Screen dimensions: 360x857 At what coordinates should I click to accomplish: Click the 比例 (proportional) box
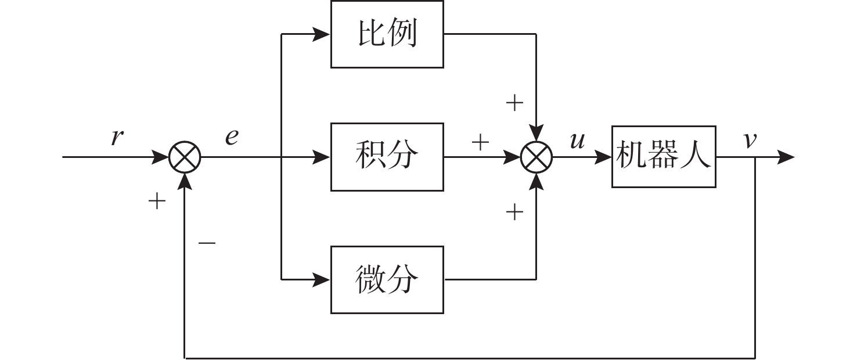pos(387,34)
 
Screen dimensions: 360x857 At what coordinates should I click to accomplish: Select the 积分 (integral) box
pos(387,157)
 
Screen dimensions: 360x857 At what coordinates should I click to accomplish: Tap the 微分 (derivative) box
pos(387,280)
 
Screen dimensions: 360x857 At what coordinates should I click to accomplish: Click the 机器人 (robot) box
pos(663,157)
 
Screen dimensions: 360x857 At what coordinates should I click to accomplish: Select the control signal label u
pos(577,141)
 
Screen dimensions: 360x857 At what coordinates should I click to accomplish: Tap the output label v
pos(750,141)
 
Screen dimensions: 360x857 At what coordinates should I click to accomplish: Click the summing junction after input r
pos(185,157)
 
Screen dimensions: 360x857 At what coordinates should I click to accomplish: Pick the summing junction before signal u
pos(536,157)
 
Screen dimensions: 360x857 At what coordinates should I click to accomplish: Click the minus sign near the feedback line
pos(207,243)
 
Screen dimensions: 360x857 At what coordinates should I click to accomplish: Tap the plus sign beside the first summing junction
pos(157,202)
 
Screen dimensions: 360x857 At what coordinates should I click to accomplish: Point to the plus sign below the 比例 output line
pos(514,104)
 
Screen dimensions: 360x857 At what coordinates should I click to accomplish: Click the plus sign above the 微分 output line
pos(514,213)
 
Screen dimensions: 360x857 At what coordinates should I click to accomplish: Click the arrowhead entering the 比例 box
pos(322,34)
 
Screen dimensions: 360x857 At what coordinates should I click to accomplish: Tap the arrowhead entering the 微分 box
pos(322,280)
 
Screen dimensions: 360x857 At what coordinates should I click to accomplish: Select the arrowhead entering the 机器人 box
pos(603,157)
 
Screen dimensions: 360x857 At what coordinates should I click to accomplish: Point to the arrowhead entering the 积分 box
pos(322,157)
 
